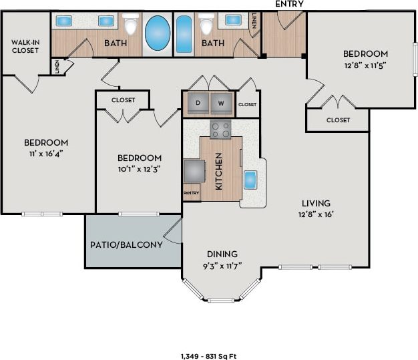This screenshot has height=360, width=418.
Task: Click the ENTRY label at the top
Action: pyautogui.click(x=288, y=4)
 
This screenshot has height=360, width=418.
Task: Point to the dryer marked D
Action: pyautogui.click(x=198, y=103)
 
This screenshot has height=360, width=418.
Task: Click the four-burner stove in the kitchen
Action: pyautogui.click(x=220, y=129)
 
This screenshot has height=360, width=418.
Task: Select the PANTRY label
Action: pyautogui.click(x=191, y=193)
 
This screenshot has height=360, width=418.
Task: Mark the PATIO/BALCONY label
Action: pyautogui.click(x=126, y=244)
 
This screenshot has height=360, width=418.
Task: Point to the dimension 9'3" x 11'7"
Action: pyautogui.click(x=223, y=266)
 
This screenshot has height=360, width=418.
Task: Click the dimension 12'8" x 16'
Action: pyautogui.click(x=316, y=214)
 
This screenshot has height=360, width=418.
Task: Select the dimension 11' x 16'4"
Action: pyautogui.click(x=46, y=153)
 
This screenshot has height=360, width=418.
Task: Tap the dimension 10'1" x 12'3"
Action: pyautogui.click(x=139, y=169)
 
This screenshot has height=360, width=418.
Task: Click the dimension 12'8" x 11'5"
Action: pyautogui.click(x=365, y=65)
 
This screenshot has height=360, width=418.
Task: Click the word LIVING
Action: pyautogui.click(x=316, y=203)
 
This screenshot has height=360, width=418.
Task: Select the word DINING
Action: pyautogui.click(x=222, y=254)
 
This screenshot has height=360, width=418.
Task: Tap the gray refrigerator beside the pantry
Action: pyautogui.click(x=194, y=170)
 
